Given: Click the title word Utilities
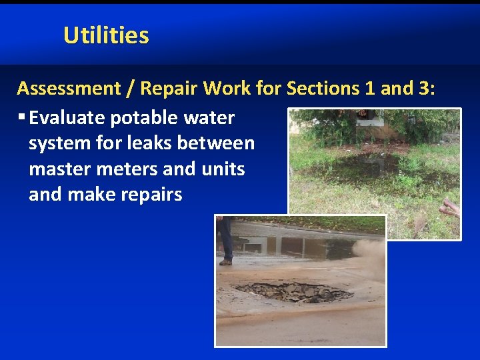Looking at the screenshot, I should (106, 35).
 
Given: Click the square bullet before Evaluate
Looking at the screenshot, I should (22, 118).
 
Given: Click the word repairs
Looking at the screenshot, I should (149, 194).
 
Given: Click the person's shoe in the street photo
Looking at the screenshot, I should (225, 262).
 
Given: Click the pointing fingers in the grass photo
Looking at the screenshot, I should (450, 209).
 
